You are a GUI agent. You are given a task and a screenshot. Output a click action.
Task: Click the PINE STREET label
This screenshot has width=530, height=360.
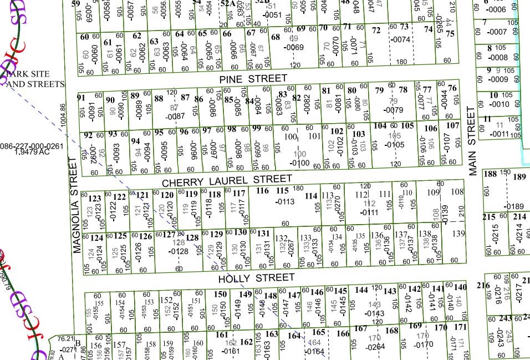point(253,79)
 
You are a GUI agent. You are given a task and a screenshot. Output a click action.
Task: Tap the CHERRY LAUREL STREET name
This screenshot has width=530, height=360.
point(227,180)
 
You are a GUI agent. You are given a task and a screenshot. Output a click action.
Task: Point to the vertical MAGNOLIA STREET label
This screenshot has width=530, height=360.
point(76,205)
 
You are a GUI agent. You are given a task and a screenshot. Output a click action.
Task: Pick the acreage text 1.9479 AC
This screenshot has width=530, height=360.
point(32,151)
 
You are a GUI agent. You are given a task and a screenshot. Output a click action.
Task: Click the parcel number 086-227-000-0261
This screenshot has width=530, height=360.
point(32,146)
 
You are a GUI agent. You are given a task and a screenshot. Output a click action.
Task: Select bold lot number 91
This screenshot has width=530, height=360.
point(81,98)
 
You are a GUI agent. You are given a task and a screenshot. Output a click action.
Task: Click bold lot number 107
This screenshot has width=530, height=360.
point(453,125)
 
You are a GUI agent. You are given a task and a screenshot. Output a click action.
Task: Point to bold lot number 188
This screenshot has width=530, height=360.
point(490,174)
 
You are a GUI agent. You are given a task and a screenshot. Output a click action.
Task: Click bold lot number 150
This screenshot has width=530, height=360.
point(221,294)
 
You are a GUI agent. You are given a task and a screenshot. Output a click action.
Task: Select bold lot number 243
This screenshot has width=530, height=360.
point(504,318)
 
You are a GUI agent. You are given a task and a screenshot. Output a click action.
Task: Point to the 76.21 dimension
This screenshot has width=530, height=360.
point(65,338)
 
